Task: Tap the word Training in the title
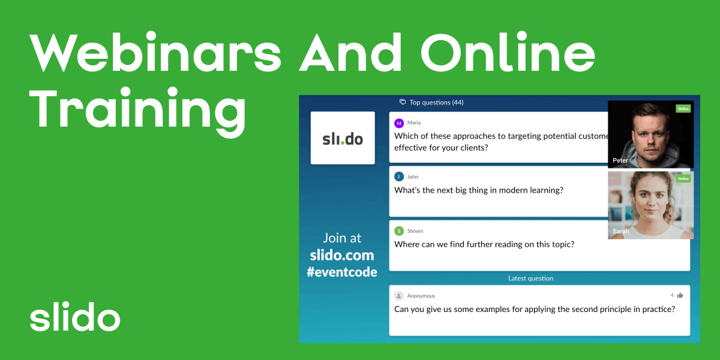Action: pos(139,109)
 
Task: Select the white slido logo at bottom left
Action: pos(75,318)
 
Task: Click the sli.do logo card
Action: pos(343,138)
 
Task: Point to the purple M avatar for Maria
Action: pos(399,123)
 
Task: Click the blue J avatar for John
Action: pos(399,177)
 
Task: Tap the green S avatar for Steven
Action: pos(399,231)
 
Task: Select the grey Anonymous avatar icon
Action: pos(399,296)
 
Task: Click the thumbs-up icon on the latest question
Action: pos(680,295)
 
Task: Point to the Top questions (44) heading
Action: pos(432,103)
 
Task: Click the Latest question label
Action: pos(530,278)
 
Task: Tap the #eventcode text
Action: pos(342,272)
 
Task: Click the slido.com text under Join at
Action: pos(342,255)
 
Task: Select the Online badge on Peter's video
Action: pos(683,109)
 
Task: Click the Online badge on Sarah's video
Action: pos(683,179)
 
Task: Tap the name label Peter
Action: pos(620,161)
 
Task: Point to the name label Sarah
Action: pos(622,231)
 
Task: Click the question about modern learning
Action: pos(478,190)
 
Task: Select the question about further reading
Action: pos(484,244)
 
